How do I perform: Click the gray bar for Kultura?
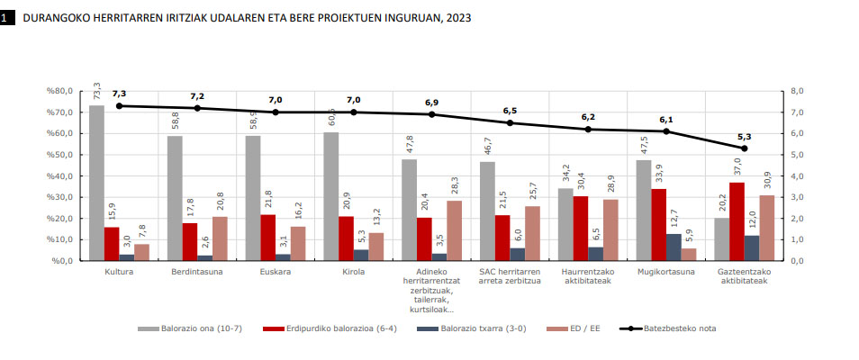click(96, 183)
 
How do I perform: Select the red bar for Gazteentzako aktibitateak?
click(737, 221)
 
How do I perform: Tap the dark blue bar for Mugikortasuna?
click(674, 247)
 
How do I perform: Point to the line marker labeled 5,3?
click(744, 148)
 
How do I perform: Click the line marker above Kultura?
click(119, 105)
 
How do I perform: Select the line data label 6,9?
click(431, 103)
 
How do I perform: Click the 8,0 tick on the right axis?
click(797, 91)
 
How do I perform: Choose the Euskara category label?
click(276, 271)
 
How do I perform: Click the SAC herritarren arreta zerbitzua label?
click(510, 275)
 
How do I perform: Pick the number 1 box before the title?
click(7, 16)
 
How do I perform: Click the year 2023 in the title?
click(454, 17)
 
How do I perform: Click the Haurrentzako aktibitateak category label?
click(588, 275)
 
